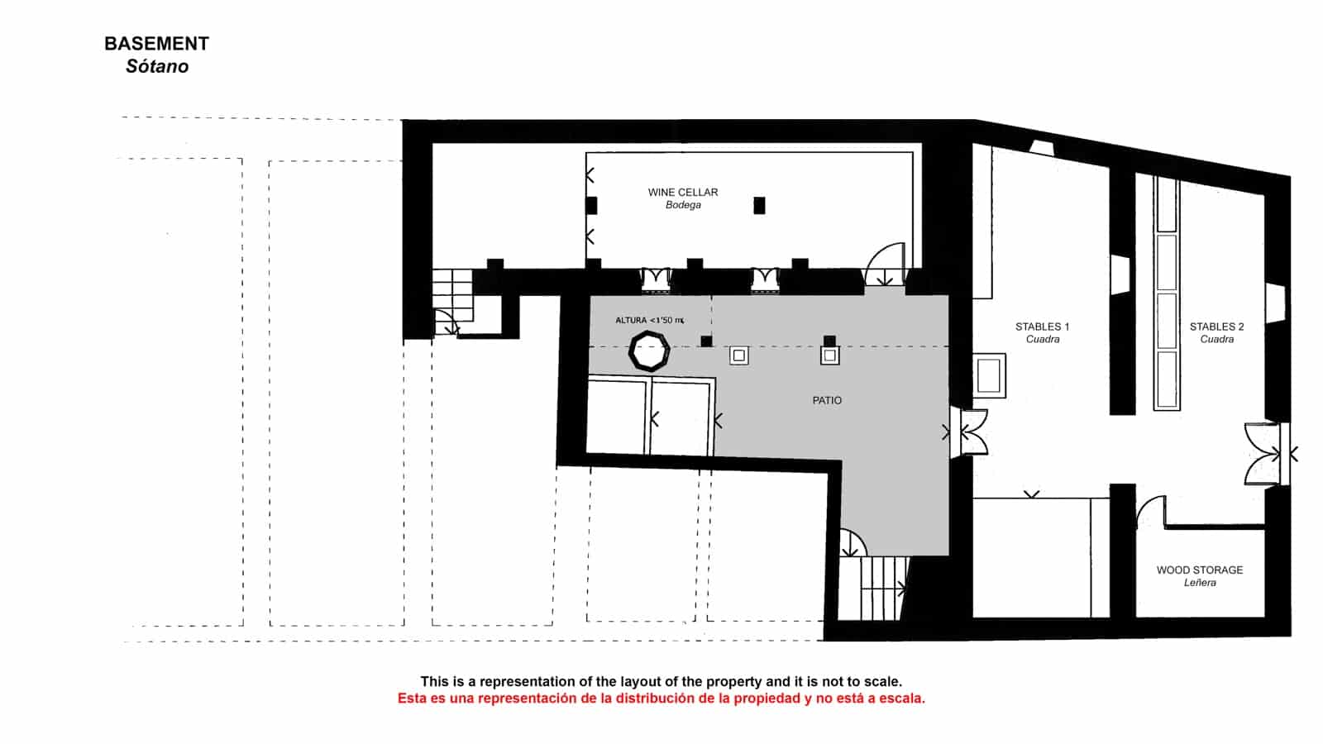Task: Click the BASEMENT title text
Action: tap(156, 44)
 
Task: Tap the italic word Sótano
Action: tap(157, 67)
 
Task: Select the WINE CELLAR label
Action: tap(683, 192)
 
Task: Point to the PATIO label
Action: tap(827, 400)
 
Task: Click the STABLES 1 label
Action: tap(1042, 327)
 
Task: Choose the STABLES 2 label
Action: tap(1216, 327)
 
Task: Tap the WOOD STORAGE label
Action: tap(1199, 570)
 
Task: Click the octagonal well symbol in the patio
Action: tap(649, 351)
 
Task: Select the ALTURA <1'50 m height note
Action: tap(650, 320)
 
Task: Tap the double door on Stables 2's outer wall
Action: tap(1265, 453)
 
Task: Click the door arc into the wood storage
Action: tap(1150, 512)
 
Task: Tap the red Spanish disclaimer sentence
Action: tap(661, 699)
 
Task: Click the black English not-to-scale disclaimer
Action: tap(661, 682)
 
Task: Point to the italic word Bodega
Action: tap(683, 205)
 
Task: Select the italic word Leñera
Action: tap(1199, 583)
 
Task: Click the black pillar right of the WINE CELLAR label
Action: tap(759, 205)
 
